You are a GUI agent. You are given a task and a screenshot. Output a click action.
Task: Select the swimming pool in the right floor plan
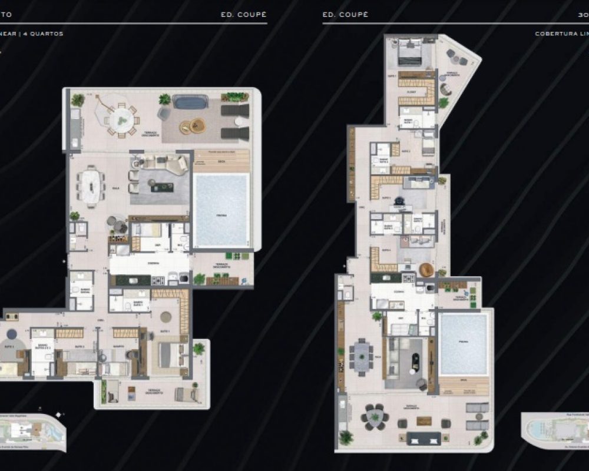(x=464, y=344)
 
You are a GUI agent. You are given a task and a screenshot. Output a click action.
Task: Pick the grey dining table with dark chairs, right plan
(x=360, y=357)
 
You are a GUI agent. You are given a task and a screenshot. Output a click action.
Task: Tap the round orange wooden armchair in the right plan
(x=426, y=269)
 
